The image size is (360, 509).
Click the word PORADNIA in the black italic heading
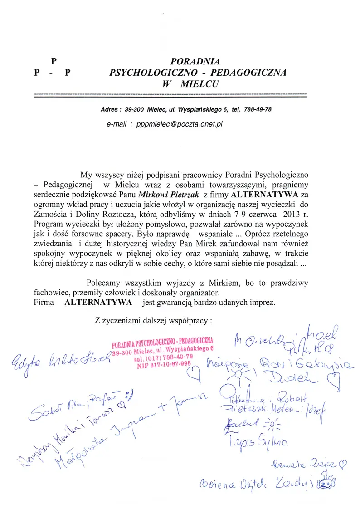tap(195, 60)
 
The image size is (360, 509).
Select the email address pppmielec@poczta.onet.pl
tap(180, 123)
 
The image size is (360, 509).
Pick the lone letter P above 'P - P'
tap(53, 60)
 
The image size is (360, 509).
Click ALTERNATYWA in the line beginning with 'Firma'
tap(98, 302)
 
